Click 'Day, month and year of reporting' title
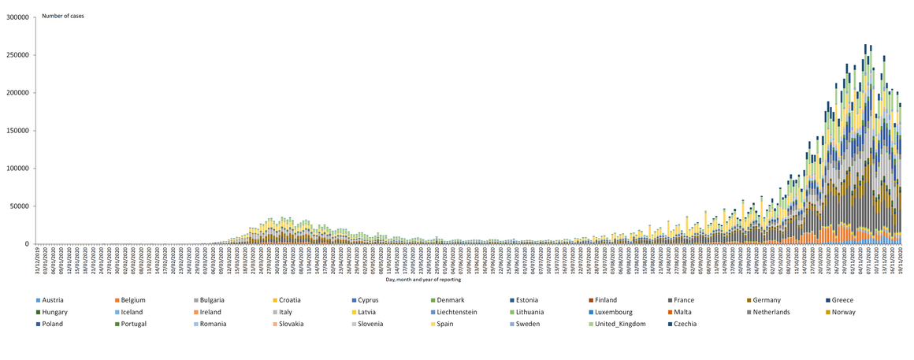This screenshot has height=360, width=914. [423, 279]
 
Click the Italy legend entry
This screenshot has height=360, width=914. [285, 312]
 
